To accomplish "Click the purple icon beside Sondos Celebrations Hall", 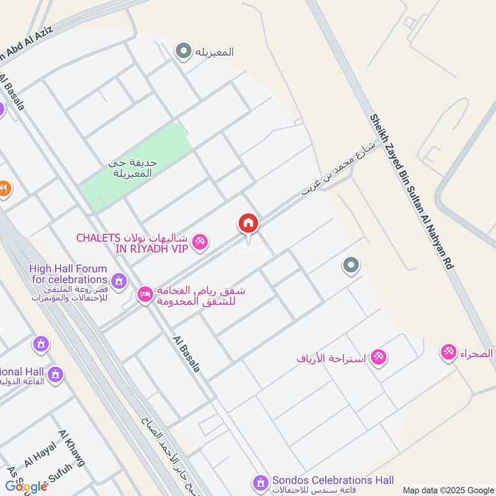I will [x=261, y=482].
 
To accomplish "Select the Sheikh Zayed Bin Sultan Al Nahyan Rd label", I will [x=411, y=190].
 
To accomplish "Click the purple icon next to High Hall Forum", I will [x=120, y=280].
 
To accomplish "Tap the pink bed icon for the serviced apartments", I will [x=145, y=293].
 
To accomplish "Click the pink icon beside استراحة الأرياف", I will [x=378, y=358].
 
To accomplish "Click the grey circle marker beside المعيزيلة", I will [x=184, y=51].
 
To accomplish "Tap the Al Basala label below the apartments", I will [x=186, y=354].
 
